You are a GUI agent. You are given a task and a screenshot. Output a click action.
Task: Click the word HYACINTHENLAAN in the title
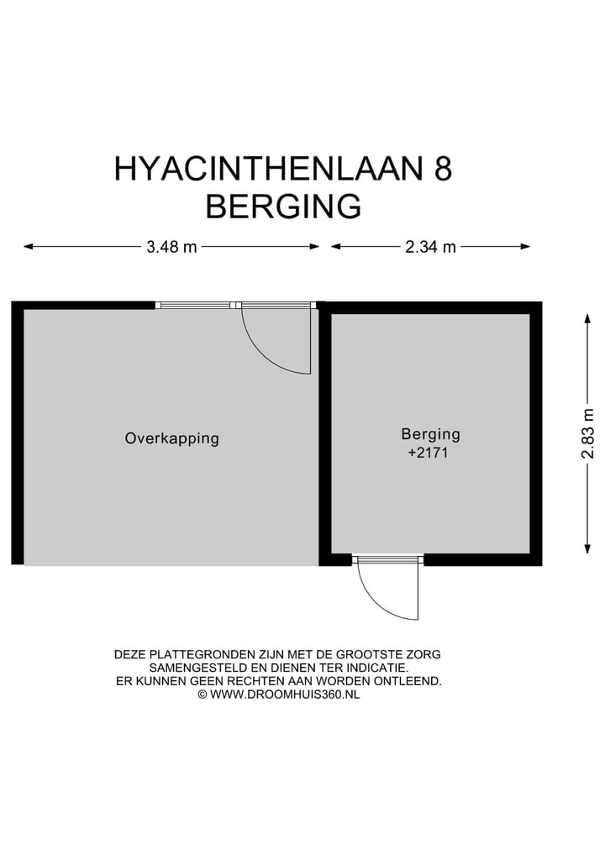coord(270,170)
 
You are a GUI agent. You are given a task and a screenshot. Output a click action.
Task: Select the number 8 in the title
coord(442,170)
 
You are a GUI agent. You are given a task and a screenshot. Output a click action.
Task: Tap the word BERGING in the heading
coord(283,206)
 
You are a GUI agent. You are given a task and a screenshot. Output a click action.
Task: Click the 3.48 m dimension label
coord(171,247)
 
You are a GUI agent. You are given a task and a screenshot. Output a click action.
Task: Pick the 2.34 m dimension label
coord(430,247)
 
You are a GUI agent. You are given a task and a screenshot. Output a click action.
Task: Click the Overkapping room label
coord(171,438)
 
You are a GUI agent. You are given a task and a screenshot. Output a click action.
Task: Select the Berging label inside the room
coord(430,435)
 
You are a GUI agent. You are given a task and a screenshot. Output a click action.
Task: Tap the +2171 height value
coord(430,453)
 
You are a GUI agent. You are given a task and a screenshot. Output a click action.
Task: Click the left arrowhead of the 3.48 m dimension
coord(28,247)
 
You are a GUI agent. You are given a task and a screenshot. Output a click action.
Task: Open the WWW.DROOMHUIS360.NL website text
coord(285,694)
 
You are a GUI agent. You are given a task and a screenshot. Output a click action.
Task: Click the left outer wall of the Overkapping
coord(17,432)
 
